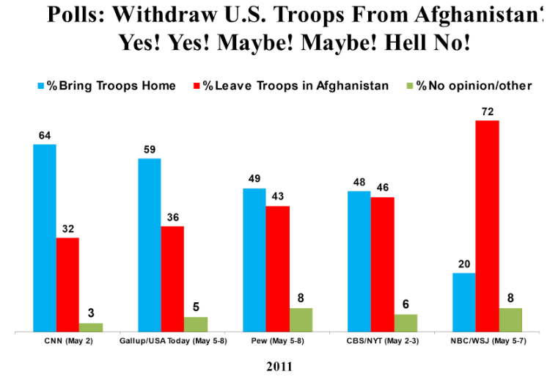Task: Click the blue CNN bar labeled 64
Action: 45,238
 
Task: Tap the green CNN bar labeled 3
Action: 90,327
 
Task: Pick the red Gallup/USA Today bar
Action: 172,279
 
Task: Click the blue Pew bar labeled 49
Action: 254,260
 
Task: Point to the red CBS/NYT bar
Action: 382,264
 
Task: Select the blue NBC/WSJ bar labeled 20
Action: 463,302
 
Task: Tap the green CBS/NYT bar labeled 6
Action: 406,323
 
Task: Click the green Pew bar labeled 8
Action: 301,320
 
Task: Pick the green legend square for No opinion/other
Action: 410,86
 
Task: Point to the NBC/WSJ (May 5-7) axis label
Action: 486,342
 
